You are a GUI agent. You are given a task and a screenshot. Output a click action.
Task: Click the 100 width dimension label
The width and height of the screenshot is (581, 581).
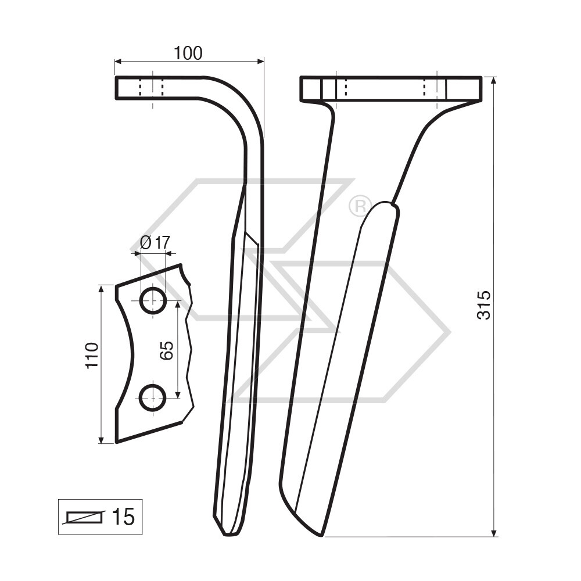point(188,53)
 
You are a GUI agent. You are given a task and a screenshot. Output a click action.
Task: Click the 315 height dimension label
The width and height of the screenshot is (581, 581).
point(484,304)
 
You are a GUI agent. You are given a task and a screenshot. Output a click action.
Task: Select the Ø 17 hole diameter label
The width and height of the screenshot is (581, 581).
point(155,243)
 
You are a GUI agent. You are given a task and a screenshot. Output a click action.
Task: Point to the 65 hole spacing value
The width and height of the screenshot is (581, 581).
point(166,350)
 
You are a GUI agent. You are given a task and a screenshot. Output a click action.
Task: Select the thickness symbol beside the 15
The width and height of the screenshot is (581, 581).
point(85,517)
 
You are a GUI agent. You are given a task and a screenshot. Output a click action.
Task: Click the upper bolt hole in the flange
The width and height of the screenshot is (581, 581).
point(153,300)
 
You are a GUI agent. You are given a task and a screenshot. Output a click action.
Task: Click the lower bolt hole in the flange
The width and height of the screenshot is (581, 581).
point(153,398)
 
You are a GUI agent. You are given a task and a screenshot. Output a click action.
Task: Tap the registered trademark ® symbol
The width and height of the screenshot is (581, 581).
point(360,206)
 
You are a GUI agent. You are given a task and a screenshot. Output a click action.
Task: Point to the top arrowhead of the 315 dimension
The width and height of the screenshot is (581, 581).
point(494,80)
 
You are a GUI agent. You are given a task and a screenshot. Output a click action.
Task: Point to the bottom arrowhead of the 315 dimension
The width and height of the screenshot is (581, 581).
point(494,532)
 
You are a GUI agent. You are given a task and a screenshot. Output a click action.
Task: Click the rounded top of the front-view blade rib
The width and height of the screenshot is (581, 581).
point(383,205)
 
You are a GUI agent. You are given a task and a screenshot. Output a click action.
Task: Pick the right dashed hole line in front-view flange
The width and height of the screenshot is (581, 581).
point(425,88)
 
